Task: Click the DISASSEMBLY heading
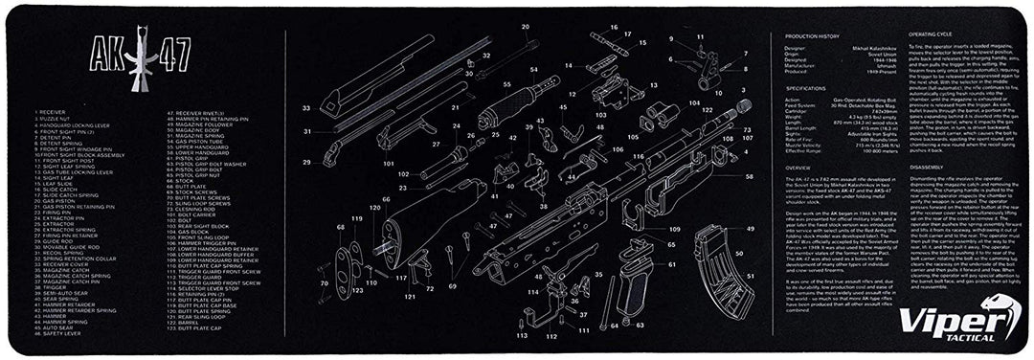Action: [898, 166]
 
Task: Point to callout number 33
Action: [307, 109]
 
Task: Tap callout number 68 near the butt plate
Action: [340, 227]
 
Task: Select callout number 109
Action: [673, 230]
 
